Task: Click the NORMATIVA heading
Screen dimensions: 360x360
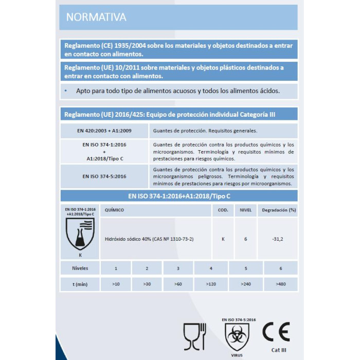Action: pyautogui.click(x=96, y=17)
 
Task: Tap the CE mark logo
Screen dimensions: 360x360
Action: pyautogui.click(x=276, y=332)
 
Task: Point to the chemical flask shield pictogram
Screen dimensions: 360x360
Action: pyautogui.click(x=80, y=233)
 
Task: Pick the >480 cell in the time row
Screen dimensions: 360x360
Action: pyautogui.click(x=280, y=284)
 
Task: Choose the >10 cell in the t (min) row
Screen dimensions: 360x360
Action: pyautogui.click(x=116, y=284)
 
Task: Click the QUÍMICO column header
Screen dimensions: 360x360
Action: pyautogui.click(x=114, y=210)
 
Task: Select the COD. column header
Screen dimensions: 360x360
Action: pyautogui.click(x=223, y=210)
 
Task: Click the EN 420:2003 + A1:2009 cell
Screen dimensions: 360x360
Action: pyautogui.click(x=105, y=131)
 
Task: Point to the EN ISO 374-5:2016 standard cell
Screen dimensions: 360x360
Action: pyautogui.click(x=105, y=176)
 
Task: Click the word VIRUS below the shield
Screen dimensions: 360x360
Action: pyautogui.click(x=237, y=355)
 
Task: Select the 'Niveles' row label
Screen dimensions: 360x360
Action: pyautogui.click(x=81, y=268)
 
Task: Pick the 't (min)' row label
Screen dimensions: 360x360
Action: pyautogui.click(x=81, y=284)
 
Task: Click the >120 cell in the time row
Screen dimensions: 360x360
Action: pyautogui.click(x=211, y=284)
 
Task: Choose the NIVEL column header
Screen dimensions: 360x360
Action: pyautogui.click(x=245, y=210)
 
